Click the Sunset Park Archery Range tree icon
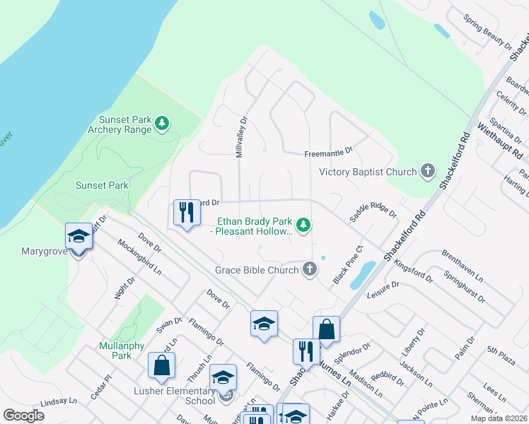[163, 124]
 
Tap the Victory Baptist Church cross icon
[427, 171]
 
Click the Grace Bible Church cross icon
[309, 269]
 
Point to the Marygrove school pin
[79, 238]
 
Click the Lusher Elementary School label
[174, 396]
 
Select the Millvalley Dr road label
[242, 137]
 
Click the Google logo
[23, 416]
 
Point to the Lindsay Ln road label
[58, 401]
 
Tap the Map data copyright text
[498, 418]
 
